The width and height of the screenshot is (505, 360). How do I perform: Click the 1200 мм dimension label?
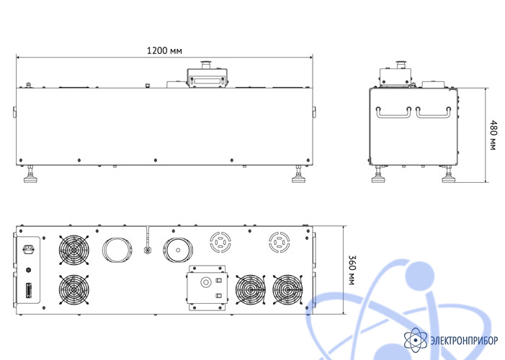pos(164,50)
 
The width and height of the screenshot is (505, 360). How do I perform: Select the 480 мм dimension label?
pos(493,135)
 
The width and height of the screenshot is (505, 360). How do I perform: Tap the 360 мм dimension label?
pos(353,270)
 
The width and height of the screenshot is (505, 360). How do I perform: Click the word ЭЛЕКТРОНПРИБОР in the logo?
pos(464,341)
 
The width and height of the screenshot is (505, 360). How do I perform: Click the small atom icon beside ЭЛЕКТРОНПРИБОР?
pos(416,340)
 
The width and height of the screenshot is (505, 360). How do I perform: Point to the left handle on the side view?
pos(393,112)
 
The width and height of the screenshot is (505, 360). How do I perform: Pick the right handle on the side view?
pos(433,112)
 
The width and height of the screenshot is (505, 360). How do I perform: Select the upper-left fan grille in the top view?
pos(74,250)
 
